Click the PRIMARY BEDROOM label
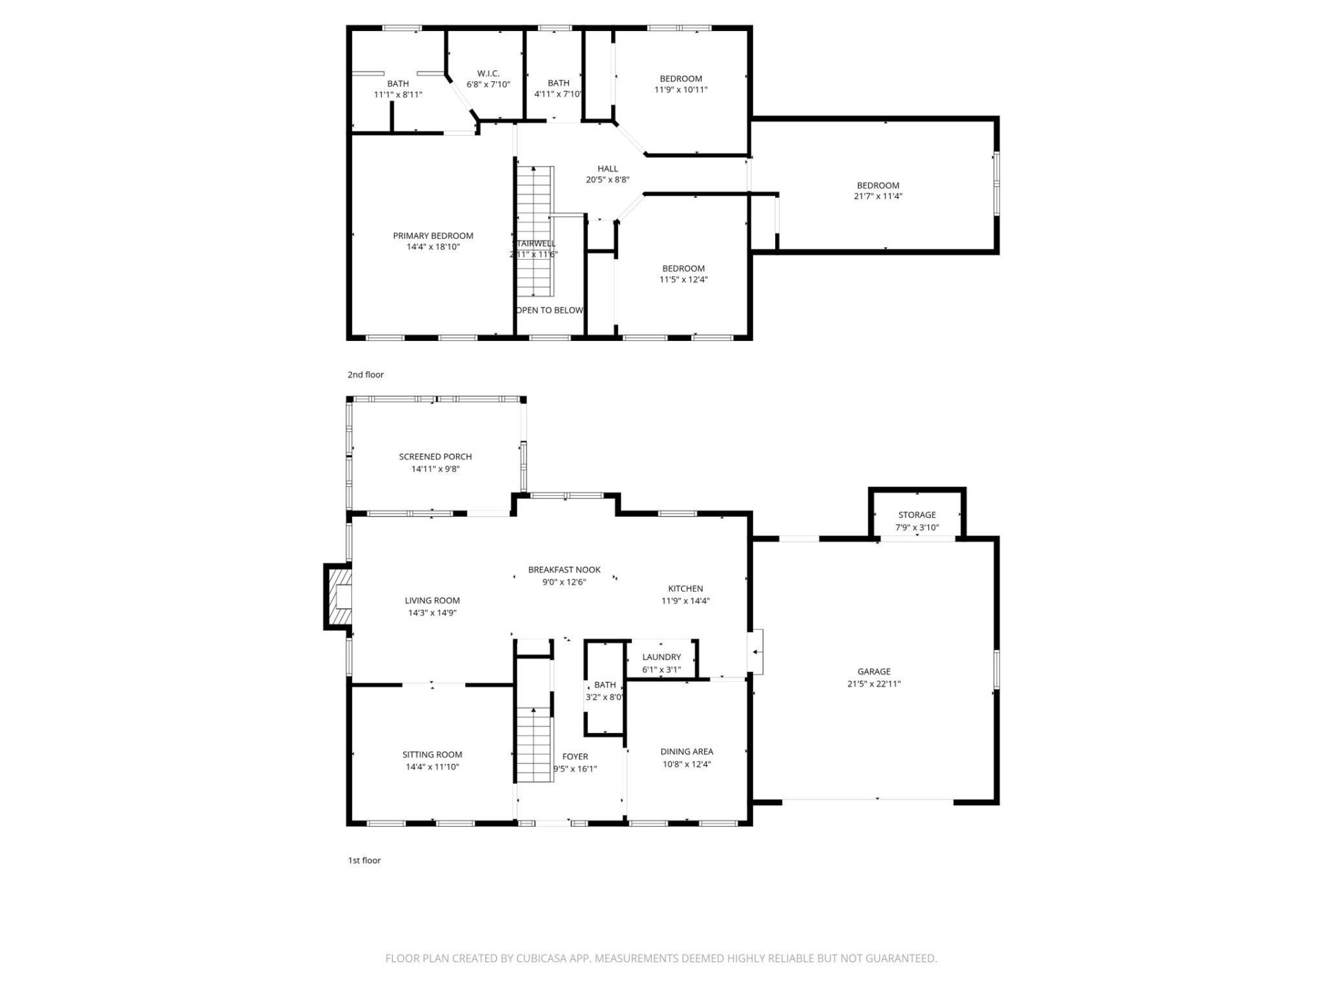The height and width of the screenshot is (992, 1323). [433, 236]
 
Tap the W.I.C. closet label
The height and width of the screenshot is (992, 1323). [488, 74]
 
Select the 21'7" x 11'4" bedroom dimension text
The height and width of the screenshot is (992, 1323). [877, 196]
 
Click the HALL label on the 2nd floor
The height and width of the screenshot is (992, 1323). [607, 169]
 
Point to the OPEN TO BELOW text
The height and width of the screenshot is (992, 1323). [549, 310]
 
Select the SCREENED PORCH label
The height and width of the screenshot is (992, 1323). [435, 457]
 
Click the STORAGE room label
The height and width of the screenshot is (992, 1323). [916, 515]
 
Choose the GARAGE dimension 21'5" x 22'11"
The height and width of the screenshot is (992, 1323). [874, 684]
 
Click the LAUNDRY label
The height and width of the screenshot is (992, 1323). [661, 657]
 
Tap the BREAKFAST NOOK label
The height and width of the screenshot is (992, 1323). [564, 570]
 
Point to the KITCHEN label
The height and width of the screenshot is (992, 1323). [685, 588]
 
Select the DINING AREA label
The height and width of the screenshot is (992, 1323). [686, 752]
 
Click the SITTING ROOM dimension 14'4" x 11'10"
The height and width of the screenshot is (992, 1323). [432, 767]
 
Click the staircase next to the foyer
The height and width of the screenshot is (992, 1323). [535, 744]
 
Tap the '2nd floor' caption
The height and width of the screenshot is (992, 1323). [365, 375]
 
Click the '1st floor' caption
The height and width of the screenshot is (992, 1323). [364, 860]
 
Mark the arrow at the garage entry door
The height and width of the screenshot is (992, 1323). [757, 652]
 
